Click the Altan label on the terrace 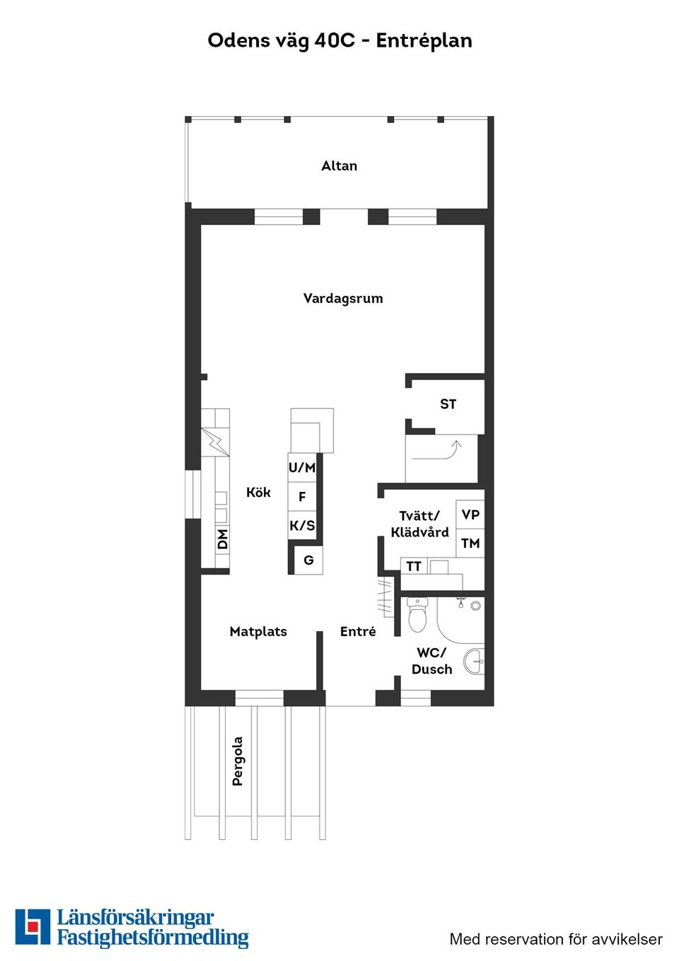[339, 166]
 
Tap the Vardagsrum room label [343, 299]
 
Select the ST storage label [448, 404]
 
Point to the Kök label [258, 493]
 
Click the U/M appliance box [302, 468]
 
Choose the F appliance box [302, 497]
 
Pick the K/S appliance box [302, 526]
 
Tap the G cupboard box [308, 560]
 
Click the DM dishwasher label [223, 539]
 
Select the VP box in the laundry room [470, 514]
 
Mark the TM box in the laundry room [470, 543]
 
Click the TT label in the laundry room [414, 566]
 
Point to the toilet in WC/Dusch [417, 615]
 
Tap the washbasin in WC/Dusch [475, 662]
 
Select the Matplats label [258, 632]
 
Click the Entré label [358, 632]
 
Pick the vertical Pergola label [238, 761]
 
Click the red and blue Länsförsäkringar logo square [33, 927]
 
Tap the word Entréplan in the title [424, 41]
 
